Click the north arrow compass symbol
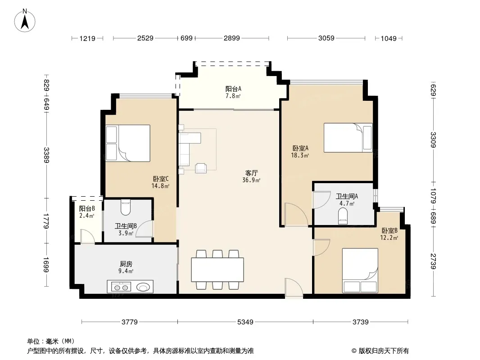(25, 21)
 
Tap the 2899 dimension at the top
(232, 38)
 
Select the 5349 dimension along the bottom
(245, 322)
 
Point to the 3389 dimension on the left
(46, 155)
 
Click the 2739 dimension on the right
(433, 261)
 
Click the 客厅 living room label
(251, 173)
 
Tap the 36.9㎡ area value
(251, 180)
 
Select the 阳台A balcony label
(233, 89)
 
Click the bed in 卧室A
(348, 138)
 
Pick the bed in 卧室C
(128, 143)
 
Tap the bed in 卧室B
(360, 270)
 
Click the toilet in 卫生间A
(343, 216)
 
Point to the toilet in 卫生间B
(126, 207)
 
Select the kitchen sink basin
(143, 287)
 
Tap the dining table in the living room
(217, 270)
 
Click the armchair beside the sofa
(201, 168)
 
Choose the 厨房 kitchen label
(126, 264)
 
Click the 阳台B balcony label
(87, 209)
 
